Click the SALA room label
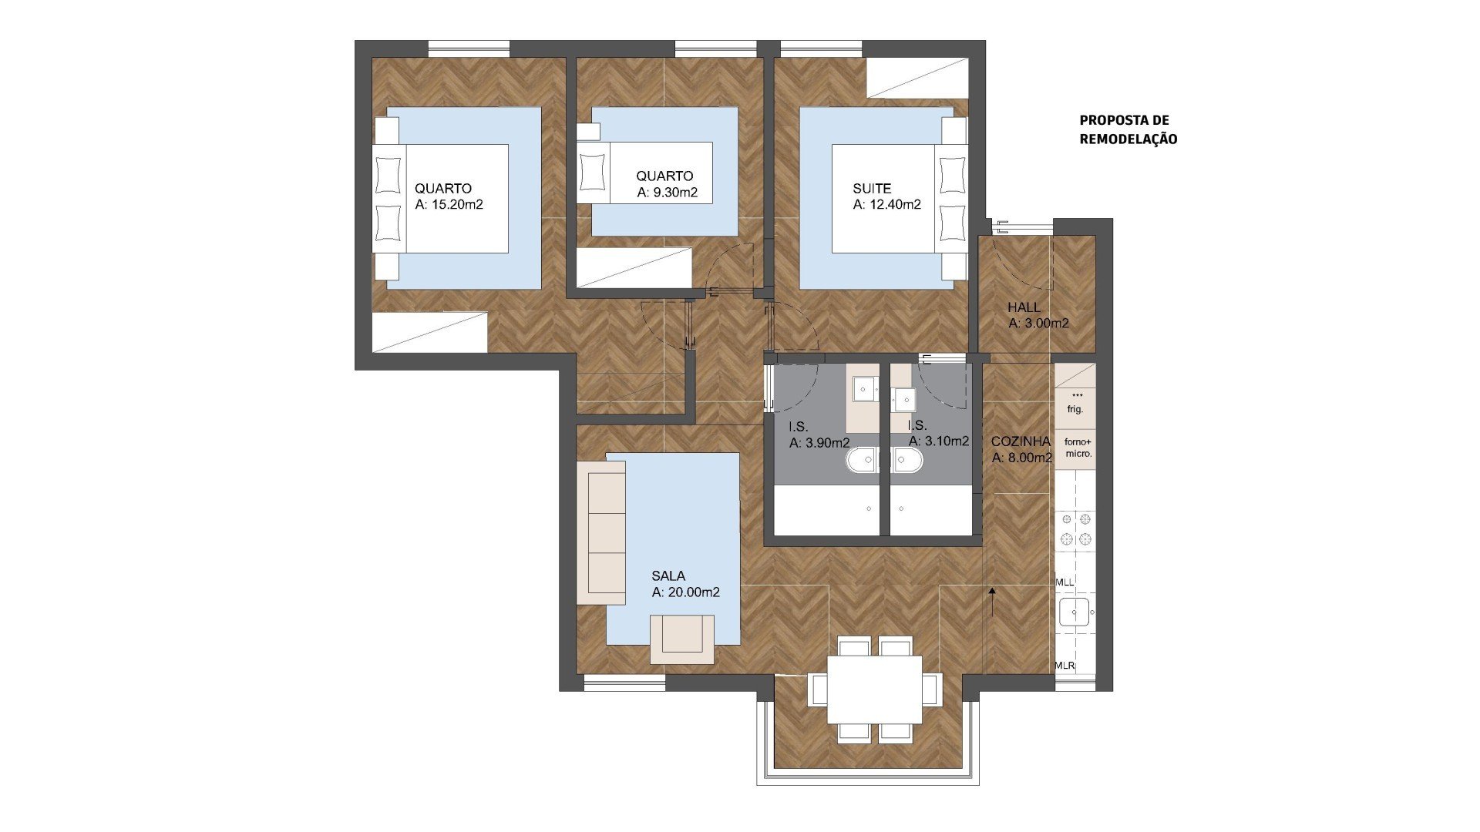click(668, 575)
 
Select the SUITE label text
click(872, 188)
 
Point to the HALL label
click(1024, 307)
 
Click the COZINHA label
click(1021, 441)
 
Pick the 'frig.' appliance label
click(1075, 409)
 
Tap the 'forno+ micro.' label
click(1078, 448)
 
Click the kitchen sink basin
click(1074, 612)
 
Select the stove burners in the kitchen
click(1076, 528)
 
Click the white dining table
click(875, 689)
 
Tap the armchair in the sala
click(682, 639)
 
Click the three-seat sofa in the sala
click(601, 533)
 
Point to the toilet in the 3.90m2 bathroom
click(863, 461)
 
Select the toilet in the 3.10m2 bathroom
click(907, 461)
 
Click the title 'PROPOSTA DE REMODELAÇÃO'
click(1128, 129)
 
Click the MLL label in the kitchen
click(1065, 582)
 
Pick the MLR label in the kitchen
click(1065, 666)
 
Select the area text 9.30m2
click(674, 193)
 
